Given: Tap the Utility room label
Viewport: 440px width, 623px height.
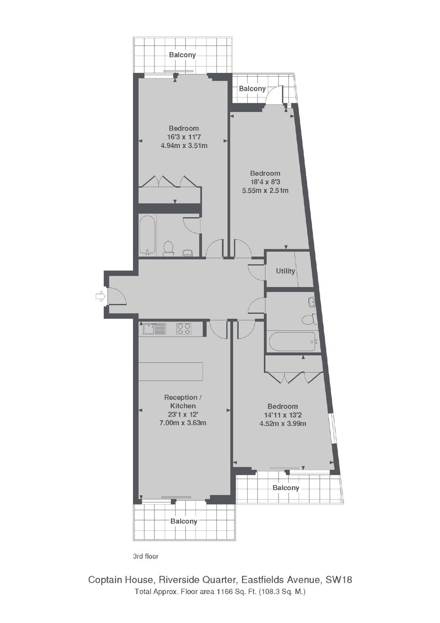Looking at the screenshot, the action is point(285,271).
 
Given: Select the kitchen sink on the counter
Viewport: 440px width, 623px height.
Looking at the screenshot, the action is point(154,329).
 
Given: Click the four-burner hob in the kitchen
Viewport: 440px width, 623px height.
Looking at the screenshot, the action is point(183,329).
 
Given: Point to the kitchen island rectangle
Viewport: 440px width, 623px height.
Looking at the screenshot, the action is point(170,371).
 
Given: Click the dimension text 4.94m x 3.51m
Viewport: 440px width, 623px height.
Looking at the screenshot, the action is point(184,145).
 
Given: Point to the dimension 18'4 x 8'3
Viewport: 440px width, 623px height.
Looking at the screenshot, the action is point(265,182).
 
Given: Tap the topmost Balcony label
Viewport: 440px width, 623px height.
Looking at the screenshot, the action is point(182,55).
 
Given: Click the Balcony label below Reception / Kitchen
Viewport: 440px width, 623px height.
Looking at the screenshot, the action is point(183,521).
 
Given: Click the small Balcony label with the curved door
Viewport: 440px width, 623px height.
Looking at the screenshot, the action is point(252,89).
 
